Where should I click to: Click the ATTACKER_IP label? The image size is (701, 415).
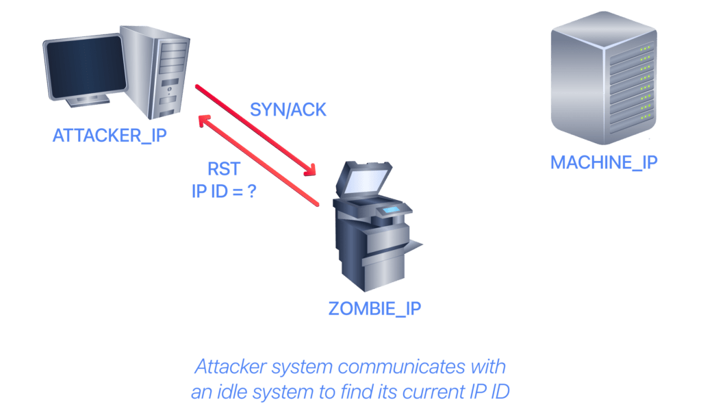[x=110, y=135]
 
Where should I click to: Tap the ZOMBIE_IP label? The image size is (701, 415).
[x=374, y=309]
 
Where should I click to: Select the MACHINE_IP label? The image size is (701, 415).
[x=604, y=162]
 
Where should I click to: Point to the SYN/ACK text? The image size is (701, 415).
[x=288, y=110]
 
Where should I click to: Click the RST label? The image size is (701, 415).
[x=224, y=169]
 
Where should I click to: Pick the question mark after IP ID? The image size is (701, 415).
[x=252, y=191]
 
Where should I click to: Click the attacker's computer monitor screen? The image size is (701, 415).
[x=86, y=66]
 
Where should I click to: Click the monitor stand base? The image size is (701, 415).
[x=88, y=101]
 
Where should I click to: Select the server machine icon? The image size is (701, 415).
[x=604, y=78]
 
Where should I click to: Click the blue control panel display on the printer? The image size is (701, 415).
[x=391, y=210]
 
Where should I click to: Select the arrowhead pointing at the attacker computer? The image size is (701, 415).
[x=205, y=121]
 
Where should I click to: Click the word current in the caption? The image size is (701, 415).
[x=431, y=392]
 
